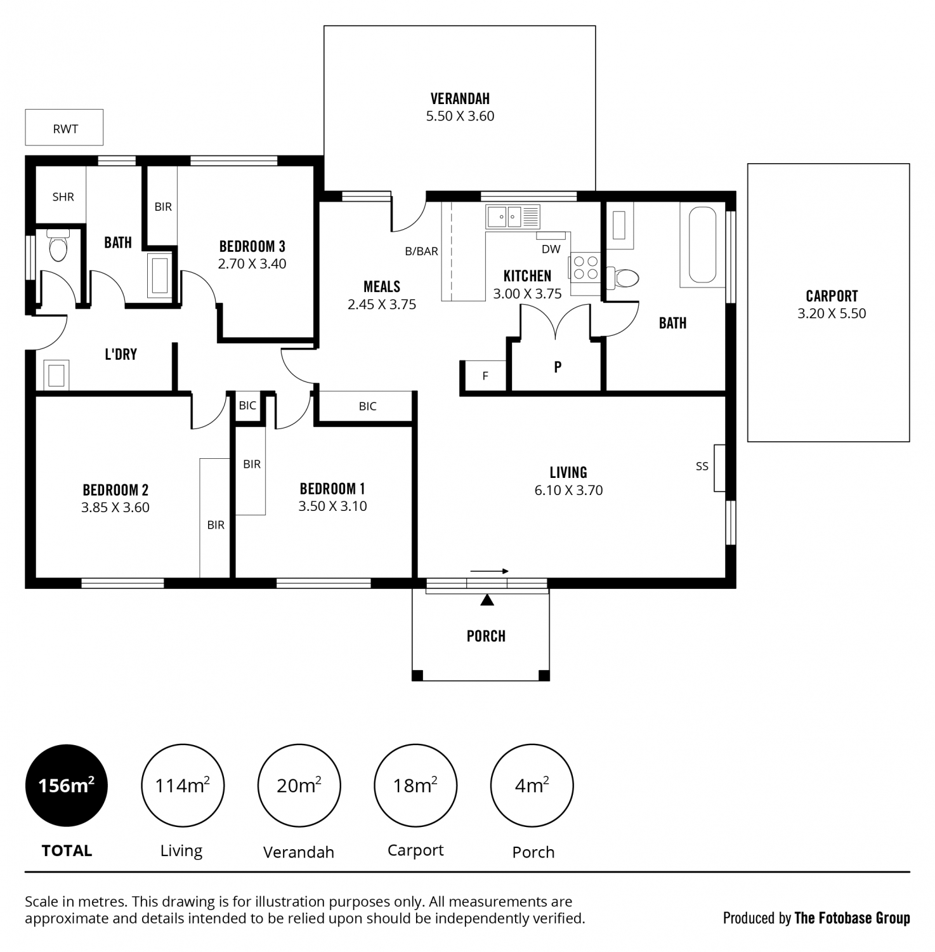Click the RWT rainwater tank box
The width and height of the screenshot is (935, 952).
64,128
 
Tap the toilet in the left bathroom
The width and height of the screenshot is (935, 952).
58,246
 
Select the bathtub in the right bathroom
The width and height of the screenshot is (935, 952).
702,245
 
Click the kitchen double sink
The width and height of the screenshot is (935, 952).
513,217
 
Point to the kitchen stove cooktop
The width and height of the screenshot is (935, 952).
585,267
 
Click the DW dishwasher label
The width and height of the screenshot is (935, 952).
551,249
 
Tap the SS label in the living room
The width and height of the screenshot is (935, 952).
702,466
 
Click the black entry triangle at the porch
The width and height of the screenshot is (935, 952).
487,600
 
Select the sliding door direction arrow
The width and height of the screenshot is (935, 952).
489,571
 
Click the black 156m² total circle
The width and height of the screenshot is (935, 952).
66,786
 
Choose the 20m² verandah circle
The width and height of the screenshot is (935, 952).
299,786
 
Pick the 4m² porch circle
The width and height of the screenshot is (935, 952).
532,786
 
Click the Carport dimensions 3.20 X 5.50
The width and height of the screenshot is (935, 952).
832,314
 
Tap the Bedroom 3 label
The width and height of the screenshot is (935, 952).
252,246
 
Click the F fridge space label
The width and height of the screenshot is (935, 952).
485,376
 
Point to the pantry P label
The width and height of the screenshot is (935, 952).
558,367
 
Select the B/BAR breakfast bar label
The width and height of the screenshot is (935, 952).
421,251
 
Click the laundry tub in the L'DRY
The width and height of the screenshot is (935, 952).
56,374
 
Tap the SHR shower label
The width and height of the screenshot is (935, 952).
63,197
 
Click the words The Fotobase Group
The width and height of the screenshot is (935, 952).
852,918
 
